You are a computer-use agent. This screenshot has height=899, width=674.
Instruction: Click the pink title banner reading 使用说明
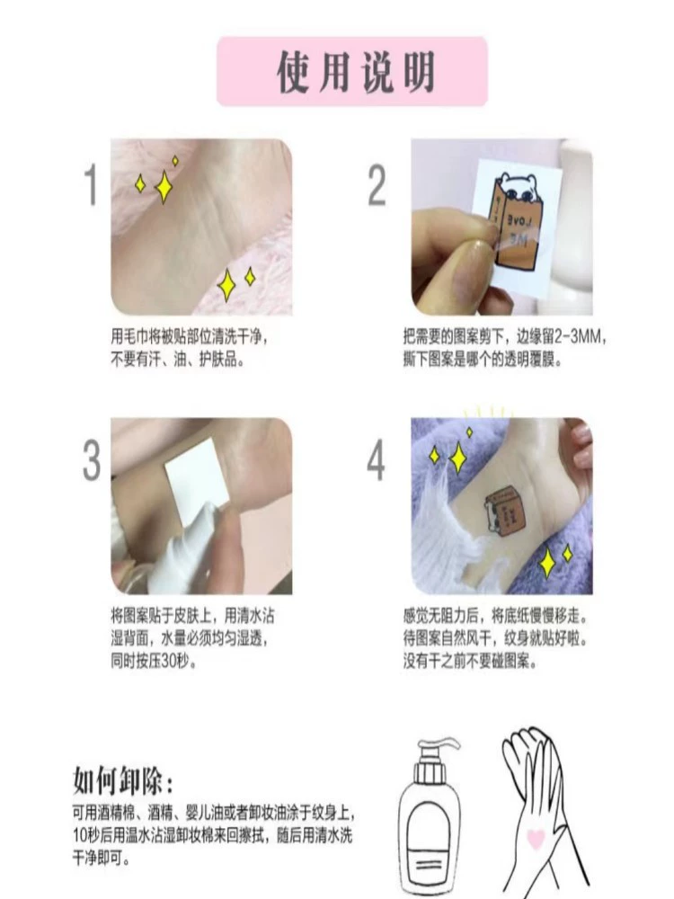352,71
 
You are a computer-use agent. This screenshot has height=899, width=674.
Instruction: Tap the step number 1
91,185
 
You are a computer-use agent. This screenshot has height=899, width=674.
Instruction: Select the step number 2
377,185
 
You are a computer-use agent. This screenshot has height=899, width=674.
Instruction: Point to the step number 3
92,460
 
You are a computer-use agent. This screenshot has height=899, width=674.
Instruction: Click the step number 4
376,460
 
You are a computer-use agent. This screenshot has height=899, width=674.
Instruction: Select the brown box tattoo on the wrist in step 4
505,512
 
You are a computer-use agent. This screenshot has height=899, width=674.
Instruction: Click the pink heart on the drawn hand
536,839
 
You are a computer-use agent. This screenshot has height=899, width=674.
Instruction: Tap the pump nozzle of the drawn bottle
439,750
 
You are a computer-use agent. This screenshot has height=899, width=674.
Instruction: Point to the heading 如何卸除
122,781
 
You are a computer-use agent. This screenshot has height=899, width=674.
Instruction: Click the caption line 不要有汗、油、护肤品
178,360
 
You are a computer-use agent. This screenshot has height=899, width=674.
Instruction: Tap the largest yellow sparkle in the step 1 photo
164,186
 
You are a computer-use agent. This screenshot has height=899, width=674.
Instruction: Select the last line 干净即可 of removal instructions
101,859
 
